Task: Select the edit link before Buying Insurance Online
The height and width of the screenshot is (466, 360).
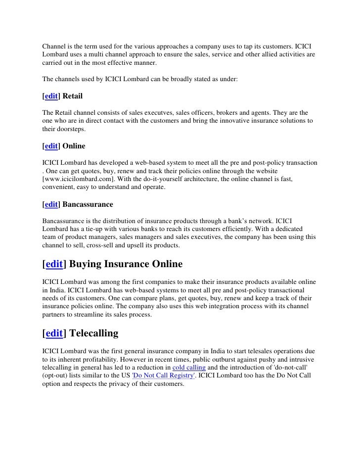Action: [x=54, y=264]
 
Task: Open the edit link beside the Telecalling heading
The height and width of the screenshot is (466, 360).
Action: [x=54, y=333]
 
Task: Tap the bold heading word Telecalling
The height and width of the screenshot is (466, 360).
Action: [x=94, y=333]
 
